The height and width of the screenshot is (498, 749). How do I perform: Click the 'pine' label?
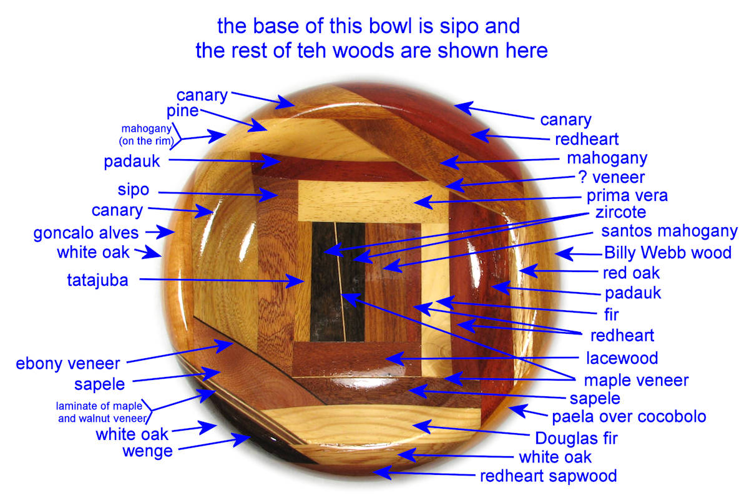coord(182,111)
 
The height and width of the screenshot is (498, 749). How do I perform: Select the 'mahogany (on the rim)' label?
coord(147,135)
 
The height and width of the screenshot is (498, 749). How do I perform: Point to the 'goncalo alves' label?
coord(86,233)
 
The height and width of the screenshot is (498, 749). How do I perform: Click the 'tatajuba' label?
coord(97,280)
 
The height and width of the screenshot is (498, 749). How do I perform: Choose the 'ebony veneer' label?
coord(68,364)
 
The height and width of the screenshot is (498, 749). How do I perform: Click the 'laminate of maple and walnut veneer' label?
coord(102,412)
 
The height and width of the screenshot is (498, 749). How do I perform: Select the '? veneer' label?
coord(612,177)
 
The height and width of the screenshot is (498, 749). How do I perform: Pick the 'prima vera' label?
coord(627,196)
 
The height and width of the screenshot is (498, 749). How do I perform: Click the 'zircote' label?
coord(620,213)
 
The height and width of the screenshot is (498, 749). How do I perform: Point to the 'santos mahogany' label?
coord(669,232)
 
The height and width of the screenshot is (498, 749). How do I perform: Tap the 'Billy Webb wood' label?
coord(668,253)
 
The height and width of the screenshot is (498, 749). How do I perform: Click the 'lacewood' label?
coord(622,358)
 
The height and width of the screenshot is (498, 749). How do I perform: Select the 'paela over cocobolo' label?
coord(629,417)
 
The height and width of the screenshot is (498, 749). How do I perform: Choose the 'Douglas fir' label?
coord(577,439)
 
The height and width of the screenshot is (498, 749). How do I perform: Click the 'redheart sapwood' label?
coord(549,476)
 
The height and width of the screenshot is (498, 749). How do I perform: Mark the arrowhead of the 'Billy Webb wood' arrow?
coord(562,253)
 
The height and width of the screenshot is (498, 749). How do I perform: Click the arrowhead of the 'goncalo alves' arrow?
coord(168,232)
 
